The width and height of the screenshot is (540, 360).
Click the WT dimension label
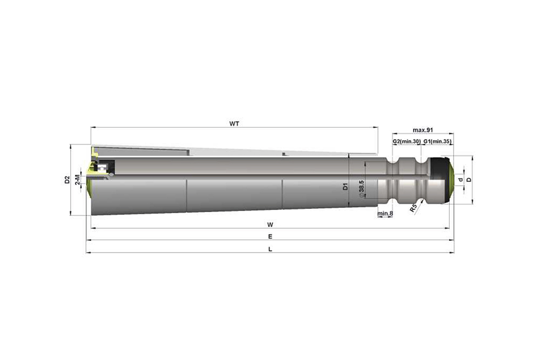(x=234, y=124)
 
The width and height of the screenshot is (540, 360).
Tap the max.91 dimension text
(x=423, y=130)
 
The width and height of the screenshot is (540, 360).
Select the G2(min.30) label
(x=407, y=141)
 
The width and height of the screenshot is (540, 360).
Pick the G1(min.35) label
(x=437, y=141)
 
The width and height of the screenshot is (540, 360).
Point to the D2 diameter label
(x=67, y=180)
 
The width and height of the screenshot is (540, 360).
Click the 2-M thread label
(x=78, y=180)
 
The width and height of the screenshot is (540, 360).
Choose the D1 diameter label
(x=346, y=187)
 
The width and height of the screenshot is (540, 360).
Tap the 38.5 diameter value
(x=362, y=188)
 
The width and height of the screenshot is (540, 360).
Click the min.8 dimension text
(x=385, y=213)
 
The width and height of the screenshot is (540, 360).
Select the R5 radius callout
(x=413, y=208)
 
